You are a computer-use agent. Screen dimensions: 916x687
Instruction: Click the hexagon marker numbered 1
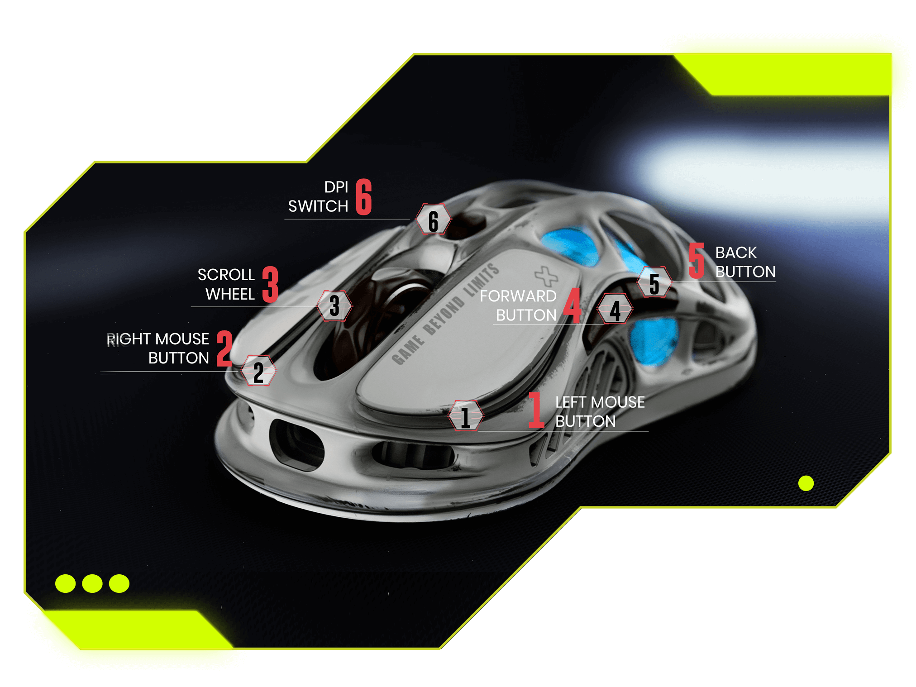(466, 415)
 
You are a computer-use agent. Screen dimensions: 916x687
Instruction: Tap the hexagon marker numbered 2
(258, 371)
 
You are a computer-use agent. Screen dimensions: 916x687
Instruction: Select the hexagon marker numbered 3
(334, 306)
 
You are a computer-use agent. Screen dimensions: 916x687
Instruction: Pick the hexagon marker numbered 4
(615, 309)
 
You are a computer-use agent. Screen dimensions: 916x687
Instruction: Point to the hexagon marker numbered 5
(654, 282)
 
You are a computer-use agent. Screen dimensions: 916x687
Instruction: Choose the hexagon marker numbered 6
(434, 219)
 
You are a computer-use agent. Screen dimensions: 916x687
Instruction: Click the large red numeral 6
(364, 197)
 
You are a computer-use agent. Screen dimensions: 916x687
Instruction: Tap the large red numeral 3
(270, 284)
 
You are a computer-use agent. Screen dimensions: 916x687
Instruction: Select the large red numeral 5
(697, 261)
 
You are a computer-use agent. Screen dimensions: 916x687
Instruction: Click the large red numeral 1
(536, 410)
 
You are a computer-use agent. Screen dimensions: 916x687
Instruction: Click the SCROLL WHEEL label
(226, 284)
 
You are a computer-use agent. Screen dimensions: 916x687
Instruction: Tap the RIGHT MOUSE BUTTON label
(158, 348)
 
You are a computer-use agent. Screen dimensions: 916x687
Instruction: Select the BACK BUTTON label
(745, 262)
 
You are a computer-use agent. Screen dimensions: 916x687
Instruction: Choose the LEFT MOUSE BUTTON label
(600, 411)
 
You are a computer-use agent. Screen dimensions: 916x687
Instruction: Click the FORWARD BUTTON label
(518, 305)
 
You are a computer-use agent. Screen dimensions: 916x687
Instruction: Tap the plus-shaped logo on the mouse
(546, 277)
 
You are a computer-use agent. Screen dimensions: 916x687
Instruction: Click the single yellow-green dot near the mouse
(806, 483)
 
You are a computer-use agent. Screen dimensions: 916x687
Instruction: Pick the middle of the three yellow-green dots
(92, 583)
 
